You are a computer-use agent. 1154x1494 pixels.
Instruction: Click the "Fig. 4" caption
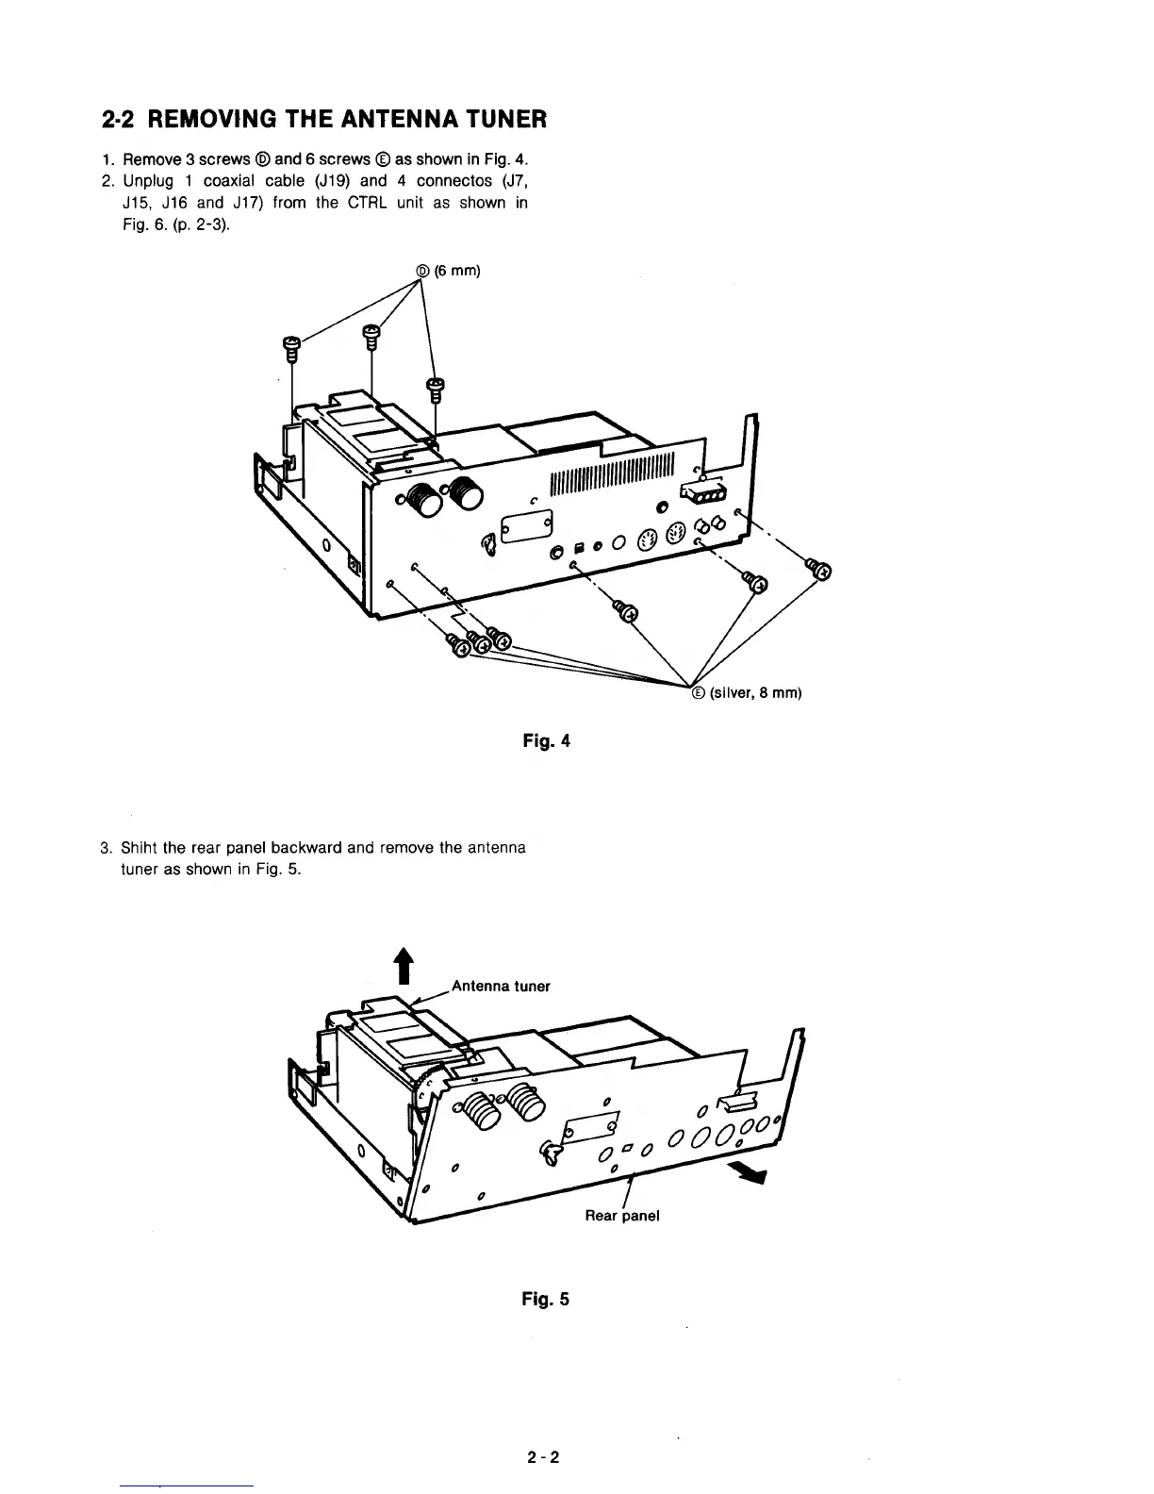pos(547,740)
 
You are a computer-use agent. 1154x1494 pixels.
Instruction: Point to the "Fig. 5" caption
pos(547,1299)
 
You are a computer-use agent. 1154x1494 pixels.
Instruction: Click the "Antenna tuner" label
pos(501,987)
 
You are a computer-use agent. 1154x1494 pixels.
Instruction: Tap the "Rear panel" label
pos(622,1215)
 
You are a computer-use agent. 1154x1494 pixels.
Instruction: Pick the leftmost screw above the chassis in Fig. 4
pos(291,349)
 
